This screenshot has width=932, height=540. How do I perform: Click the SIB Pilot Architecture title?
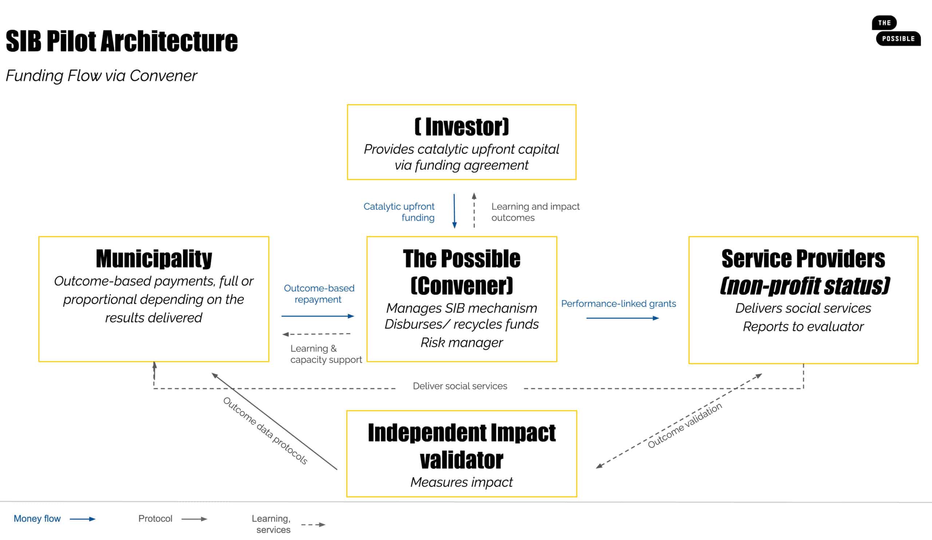[x=122, y=41]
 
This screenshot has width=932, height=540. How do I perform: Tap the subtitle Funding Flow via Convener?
[x=101, y=76]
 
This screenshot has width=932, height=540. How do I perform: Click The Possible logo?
[x=896, y=31]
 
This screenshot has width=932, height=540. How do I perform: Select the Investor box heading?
[x=462, y=127]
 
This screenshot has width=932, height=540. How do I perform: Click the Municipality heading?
[x=154, y=259]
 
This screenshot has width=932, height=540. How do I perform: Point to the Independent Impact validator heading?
[x=462, y=446]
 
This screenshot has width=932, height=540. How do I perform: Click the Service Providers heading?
[x=803, y=259]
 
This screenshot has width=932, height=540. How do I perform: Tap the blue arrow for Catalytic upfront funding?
[x=455, y=211]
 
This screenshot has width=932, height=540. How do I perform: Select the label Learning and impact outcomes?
[x=535, y=212]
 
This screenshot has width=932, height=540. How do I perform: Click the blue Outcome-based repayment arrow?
[x=318, y=316]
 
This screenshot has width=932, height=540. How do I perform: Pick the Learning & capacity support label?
[x=325, y=354]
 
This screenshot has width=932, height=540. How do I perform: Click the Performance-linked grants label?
[x=619, y=304]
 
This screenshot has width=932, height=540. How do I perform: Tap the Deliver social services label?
[x=460, y=386]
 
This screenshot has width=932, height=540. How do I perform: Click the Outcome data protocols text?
[x=265, y=431]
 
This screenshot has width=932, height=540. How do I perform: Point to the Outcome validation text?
[x=684, y=425]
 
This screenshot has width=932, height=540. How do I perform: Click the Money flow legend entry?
[x=37, y=519]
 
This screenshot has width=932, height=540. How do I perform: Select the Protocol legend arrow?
[x=194, y=519]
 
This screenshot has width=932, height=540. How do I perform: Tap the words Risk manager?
[x=462, y=343]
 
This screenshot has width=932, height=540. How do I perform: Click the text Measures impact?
[x=462, y=482]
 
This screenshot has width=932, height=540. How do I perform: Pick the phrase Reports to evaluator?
[x=803, y=327]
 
